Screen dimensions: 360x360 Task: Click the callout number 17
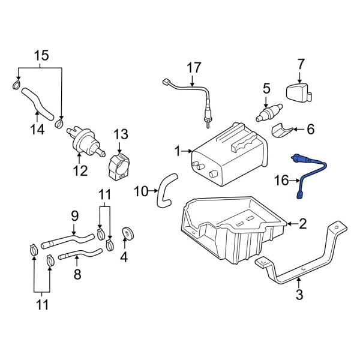194,68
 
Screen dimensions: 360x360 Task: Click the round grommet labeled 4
127,232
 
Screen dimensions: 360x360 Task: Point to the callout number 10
140,191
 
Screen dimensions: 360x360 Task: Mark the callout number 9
75,214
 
